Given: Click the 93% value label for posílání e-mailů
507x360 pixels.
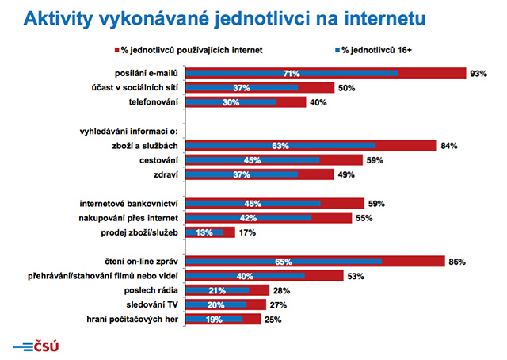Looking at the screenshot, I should [478, 74].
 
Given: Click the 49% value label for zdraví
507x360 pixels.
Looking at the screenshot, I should [346, 175].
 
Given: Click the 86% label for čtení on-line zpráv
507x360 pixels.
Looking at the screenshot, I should [455, 261].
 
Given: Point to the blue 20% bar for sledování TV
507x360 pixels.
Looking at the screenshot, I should [215, 304].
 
